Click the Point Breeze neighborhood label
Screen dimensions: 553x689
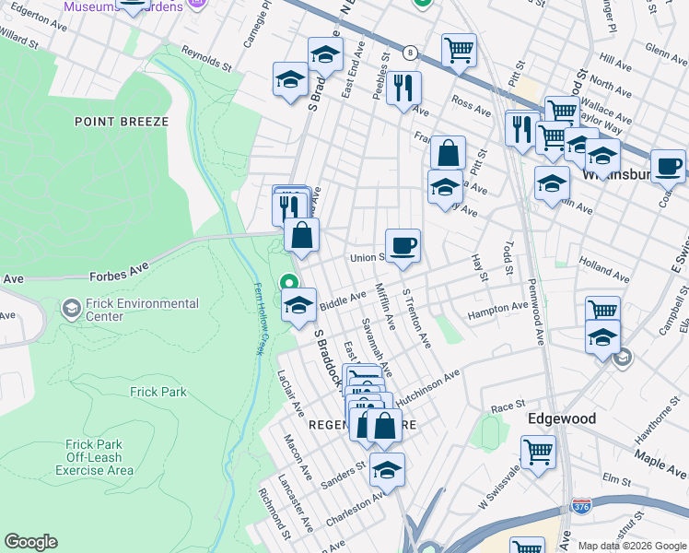(122, 122)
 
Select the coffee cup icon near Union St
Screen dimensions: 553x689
(403, 246)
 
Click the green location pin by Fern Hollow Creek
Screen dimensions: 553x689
(289, 285)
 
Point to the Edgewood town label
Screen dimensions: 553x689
(561, 418)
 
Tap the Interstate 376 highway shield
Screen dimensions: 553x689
(581, 506)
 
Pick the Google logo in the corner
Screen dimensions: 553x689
(30, 542)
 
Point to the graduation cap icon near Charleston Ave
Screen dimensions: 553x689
(387, 469)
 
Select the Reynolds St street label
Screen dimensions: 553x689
(206, 58)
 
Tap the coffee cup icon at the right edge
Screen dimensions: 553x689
(668, 166)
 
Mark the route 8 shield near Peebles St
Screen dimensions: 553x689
(410, 53)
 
